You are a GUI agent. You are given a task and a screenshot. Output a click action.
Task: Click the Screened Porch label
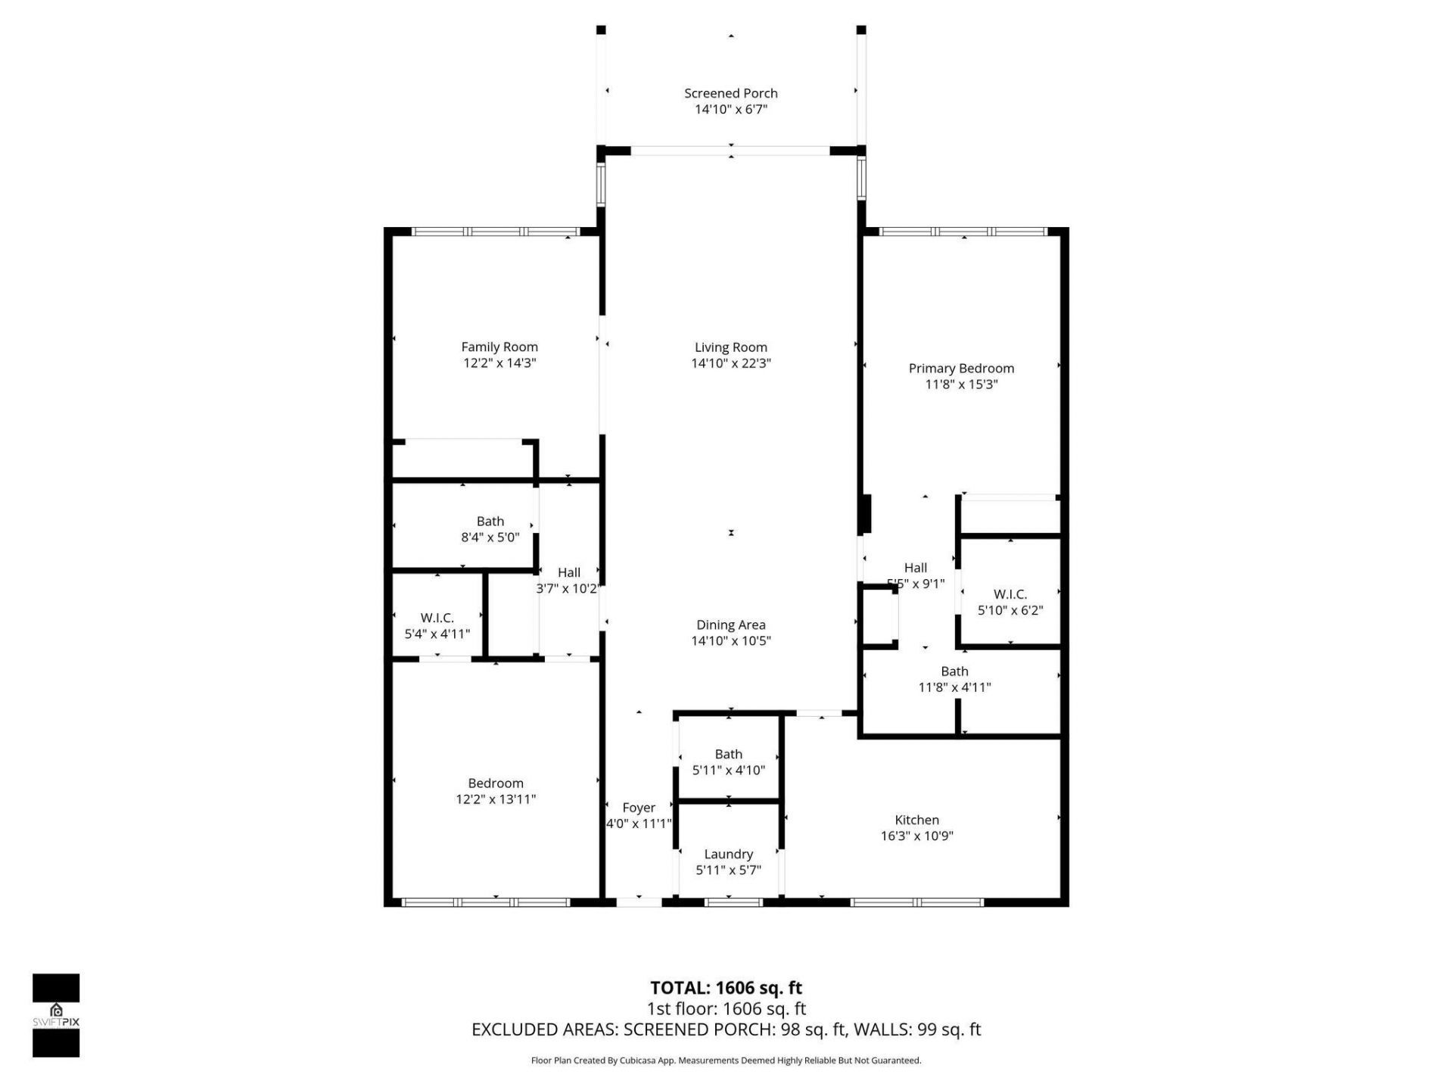[730, 93]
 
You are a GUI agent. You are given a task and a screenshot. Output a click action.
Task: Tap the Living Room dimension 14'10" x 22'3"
[730, 363]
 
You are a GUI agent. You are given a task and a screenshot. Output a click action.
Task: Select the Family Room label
[499, 347]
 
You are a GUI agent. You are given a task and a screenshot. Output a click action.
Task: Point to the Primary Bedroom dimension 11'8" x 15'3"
[961, 385]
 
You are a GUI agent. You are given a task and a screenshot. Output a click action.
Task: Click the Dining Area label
[730, 624]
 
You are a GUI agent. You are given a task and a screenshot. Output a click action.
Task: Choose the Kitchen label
[916, 820]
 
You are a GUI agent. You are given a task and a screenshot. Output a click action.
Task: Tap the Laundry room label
[728, 854]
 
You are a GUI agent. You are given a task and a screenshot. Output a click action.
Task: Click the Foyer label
[639, 808]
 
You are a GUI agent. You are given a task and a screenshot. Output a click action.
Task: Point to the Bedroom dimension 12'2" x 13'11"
[496, 799]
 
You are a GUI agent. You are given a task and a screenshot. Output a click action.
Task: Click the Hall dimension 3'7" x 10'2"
[568, 589]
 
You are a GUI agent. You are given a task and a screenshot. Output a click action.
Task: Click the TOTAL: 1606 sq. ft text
[726, 988]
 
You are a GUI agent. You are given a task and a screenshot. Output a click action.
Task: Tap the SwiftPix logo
[56, 1014]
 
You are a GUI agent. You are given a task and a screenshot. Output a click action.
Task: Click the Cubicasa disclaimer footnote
[726, 1060]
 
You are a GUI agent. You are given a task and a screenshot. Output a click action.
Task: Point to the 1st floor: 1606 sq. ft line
[726, 1009]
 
